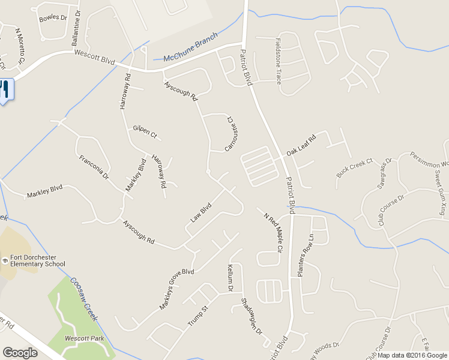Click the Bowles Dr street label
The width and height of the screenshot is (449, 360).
click(x=53, y=18)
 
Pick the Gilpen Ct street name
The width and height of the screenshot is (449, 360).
click(x=145, y=132)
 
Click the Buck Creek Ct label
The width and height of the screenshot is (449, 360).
click(x=355, y=168)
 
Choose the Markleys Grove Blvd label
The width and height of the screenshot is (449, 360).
click(x=176, y=290)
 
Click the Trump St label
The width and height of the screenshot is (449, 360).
click(x=197, y=316)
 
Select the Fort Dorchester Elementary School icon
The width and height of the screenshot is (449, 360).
click(x=5, y=260)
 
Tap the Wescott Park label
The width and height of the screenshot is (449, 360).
click(x=85, y=338)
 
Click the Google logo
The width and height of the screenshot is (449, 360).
click(x=20, y=353)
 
